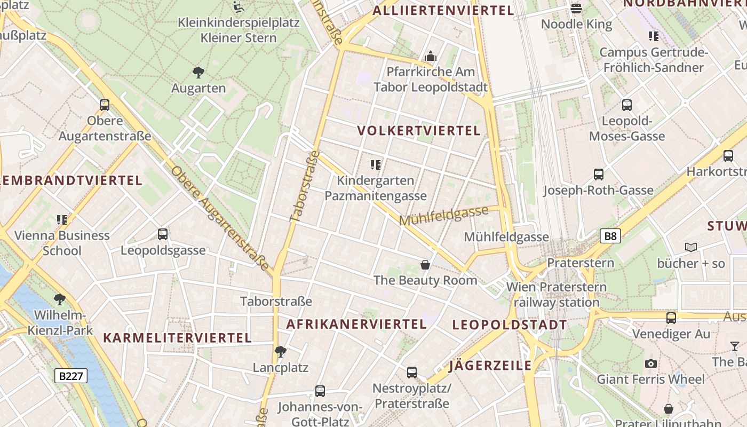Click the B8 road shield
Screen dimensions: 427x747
[x=611, y=236]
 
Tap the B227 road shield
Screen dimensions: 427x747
[x=71, y=376]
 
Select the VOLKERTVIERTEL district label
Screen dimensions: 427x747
[x=419, y=131]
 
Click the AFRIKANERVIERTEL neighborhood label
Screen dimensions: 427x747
[x=356, y=324]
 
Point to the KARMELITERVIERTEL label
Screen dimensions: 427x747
[x=177, y=338]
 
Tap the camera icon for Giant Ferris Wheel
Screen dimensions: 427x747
[x=650, y=363]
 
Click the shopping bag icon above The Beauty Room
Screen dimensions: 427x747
[x=425, y=264]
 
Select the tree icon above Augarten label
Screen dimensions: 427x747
[x=198, y=72]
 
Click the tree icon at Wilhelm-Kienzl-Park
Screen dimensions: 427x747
[x=60, y=299]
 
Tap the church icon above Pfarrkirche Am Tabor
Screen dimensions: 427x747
[x=430, y=56]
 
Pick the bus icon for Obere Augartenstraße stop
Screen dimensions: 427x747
[x=105, y=105]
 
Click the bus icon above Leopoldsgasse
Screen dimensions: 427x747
[x=163, y=234]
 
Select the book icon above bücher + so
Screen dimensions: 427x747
[x=691, y=247]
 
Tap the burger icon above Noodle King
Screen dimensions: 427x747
[x=576, y=8]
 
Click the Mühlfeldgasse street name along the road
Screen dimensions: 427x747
[x=443, y=216]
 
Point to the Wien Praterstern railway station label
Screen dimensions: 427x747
[x=557, y=295]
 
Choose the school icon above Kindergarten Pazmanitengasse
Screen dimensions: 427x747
[x=376, y=165]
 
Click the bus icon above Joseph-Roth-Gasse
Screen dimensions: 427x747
[x=599, y=174]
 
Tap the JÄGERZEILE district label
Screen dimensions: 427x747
[x=490, y=366]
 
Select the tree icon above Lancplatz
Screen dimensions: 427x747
[x=280, y=351]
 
